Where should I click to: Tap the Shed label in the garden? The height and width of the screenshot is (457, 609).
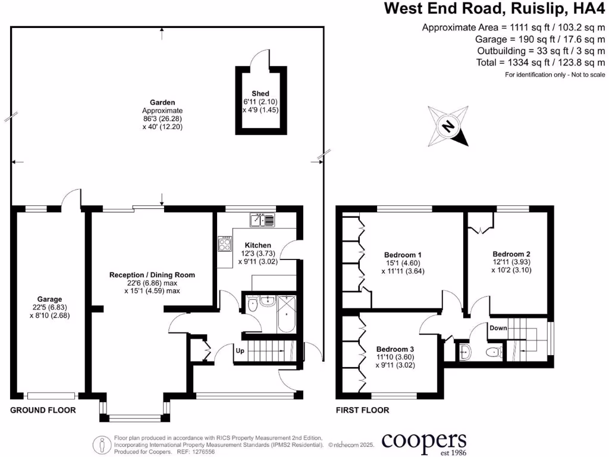point(260,93)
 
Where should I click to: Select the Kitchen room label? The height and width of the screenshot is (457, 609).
point(258,245)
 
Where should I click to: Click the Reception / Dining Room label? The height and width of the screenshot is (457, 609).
point(152,275)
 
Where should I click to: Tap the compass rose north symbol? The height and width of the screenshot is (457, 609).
point(448,126)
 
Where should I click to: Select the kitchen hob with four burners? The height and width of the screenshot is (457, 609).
point(226,244)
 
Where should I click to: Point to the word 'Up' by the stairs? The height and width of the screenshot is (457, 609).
point(241,351)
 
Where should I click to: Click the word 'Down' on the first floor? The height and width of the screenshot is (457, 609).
point(498,328)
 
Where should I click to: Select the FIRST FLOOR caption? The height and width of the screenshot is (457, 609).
point(362,410)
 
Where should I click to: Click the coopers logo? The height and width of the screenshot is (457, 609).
point(423,442)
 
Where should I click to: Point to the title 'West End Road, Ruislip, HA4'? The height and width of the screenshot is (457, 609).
point(494,8)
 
